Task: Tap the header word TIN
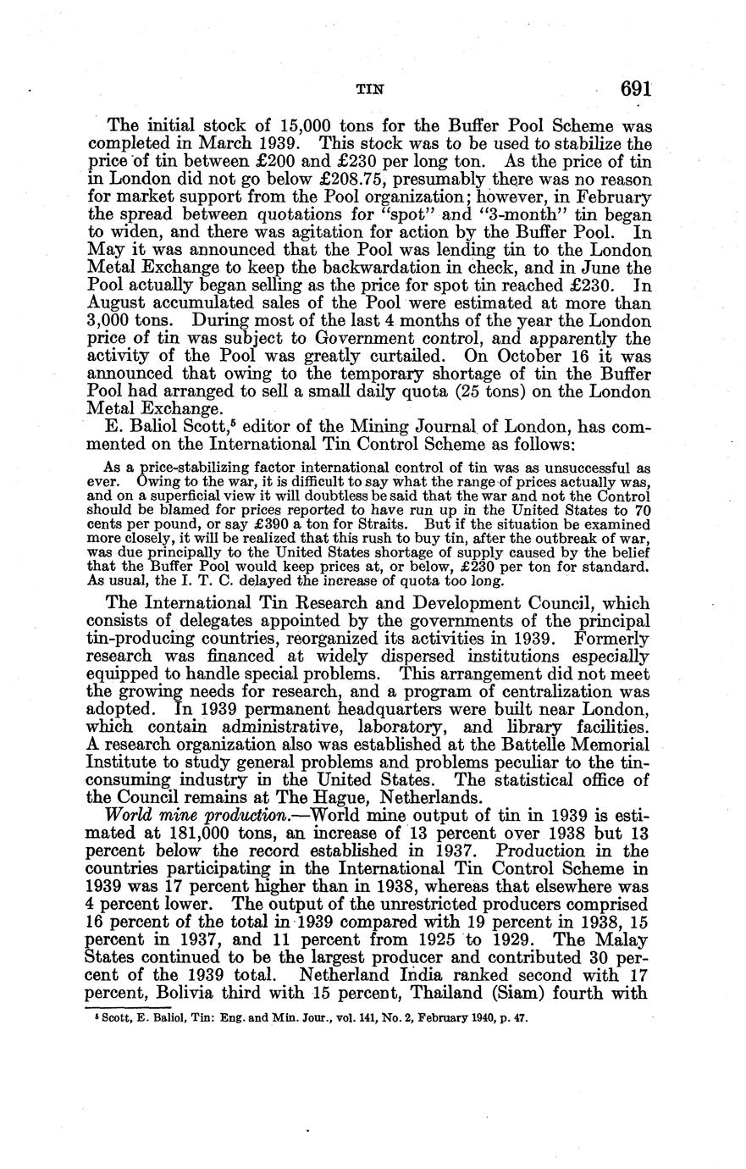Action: (367, 88)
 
